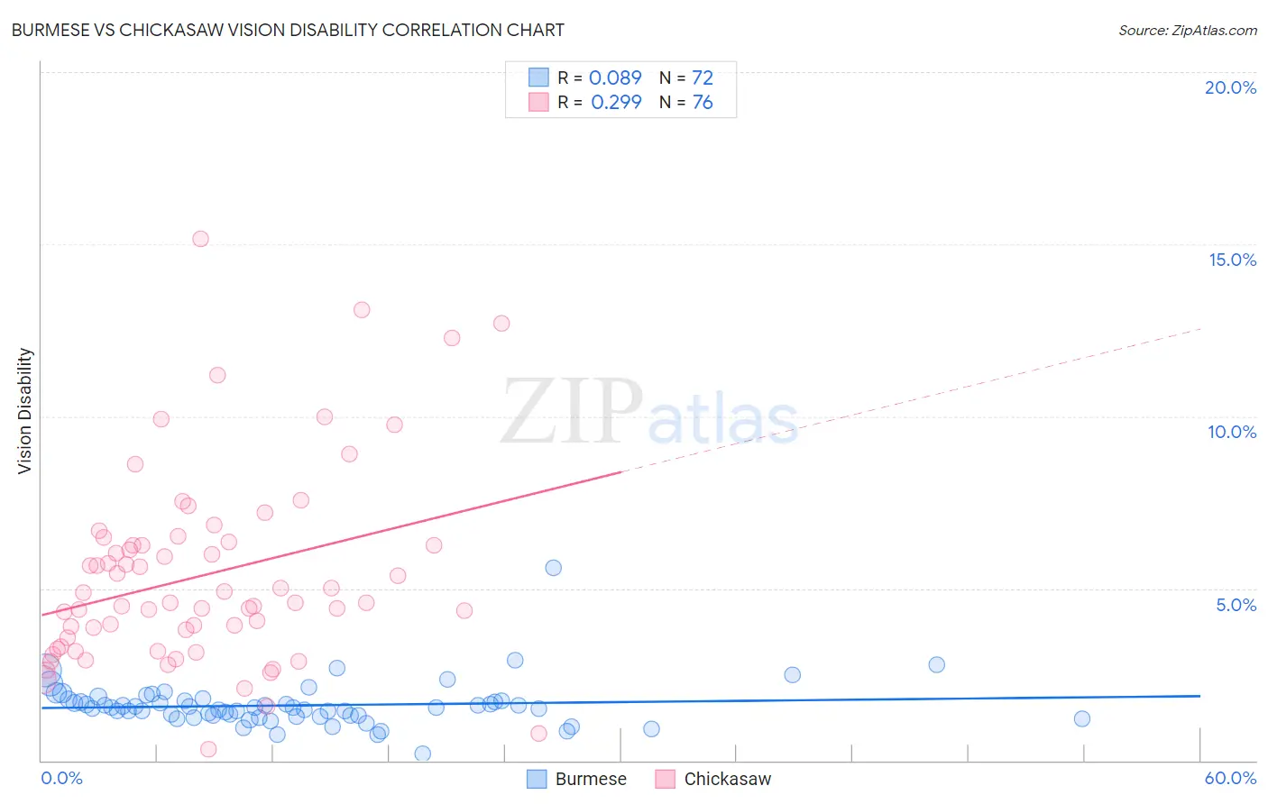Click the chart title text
(288, 30)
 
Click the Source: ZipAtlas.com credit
(1187, 30)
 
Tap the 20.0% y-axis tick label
(1230, 87)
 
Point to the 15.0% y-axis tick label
(1232, 260)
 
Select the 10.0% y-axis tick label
(1232, 432)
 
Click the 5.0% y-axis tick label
(1236, 605)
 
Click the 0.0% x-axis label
(61, 778)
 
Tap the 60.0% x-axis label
(1230, 778)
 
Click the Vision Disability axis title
(25, 411)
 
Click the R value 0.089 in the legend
(615, 78)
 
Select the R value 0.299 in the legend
(616, 102)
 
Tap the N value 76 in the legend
(703, 102)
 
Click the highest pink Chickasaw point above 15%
(200, 239)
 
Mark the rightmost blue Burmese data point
(1082, 718)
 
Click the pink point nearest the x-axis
(208, 749)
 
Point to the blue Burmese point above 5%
(554, 568)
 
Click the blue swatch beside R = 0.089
(538, 78)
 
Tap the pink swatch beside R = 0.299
(538, 102)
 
